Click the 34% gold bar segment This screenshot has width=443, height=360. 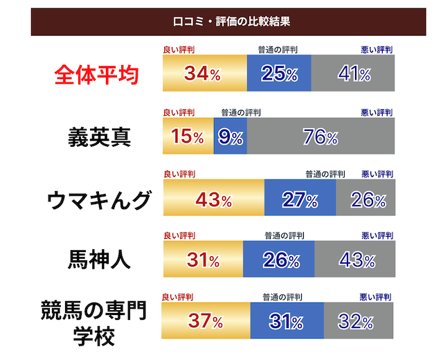[x=204, y=75]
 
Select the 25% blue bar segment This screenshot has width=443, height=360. [x=279, y=75]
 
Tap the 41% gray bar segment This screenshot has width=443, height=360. [x=353, y=75]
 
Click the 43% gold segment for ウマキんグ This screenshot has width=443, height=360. [x=213, y=200]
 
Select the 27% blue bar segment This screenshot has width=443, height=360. [x=300, y=200]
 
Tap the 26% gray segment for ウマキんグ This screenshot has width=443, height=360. [x=365, y=200]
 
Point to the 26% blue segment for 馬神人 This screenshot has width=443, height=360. [x=279, y=261]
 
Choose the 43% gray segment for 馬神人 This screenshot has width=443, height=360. [x=355, y=261]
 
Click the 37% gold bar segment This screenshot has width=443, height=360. [x=206, y=322]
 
